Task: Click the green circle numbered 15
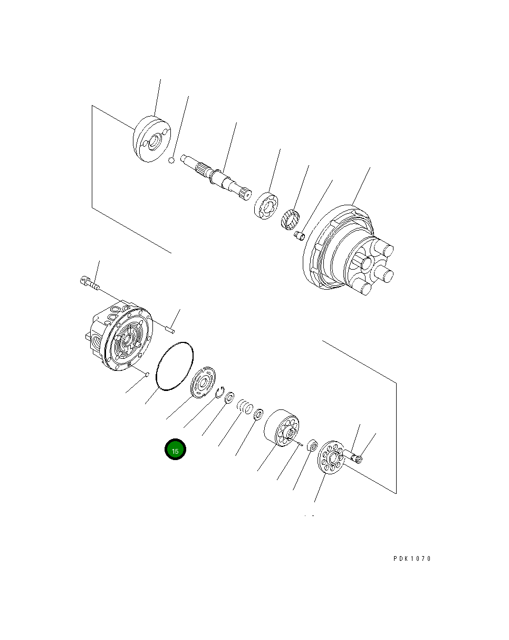(175, 450)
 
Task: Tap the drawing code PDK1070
(412, 559)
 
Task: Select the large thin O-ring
(176, 367)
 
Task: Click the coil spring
(244, 407)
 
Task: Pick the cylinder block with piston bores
(282, 427)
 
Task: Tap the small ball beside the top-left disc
(171, 159)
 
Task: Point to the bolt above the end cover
(90, 283)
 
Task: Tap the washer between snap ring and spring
(230, 397)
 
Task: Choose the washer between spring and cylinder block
(259, 415)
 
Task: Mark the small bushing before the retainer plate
(312, 446)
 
